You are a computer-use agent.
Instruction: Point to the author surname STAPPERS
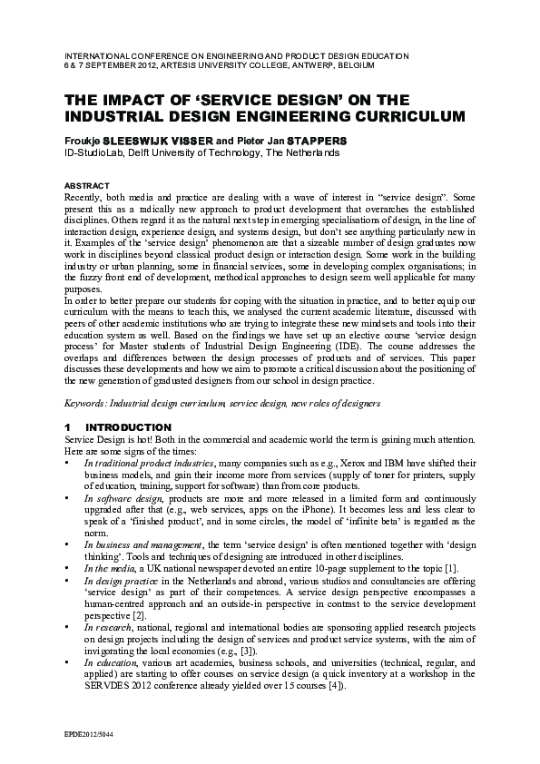click(x=312, y=141)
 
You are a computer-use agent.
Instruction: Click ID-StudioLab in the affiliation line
click(x=96, y=152)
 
